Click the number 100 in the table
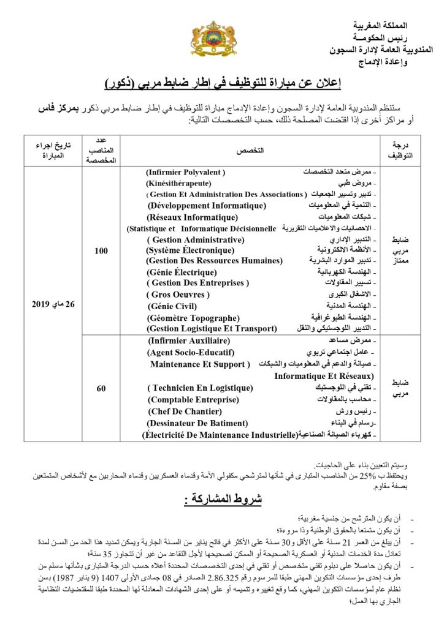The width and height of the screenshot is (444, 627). (103, 250)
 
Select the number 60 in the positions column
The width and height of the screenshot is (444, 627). (103, 388)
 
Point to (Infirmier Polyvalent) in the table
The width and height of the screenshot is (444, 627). (186, 172)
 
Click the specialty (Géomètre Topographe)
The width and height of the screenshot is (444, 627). (193, 317)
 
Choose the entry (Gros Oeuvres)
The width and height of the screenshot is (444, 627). (179, 294)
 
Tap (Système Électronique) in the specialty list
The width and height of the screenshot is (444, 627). (190, 250)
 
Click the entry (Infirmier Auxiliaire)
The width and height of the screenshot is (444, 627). (189, 340)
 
